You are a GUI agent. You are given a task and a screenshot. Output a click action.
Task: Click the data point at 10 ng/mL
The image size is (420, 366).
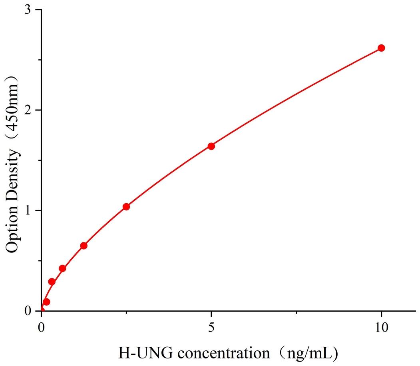click(x=381, y=48)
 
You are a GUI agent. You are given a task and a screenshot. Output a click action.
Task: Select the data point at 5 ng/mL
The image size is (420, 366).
click(x=211, y=146)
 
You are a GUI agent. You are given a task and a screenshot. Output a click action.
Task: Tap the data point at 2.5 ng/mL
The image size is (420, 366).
click(x=126, y=207)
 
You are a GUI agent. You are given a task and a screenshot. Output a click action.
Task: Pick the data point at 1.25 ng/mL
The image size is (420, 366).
click(x=84, y=246)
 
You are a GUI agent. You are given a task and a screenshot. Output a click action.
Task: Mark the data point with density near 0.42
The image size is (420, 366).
click(x=62, y=268)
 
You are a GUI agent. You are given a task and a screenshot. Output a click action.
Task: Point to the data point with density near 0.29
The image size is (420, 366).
click(x=52, y=282)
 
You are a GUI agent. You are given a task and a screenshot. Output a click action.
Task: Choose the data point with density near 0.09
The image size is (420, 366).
click(x=46, y=302)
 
